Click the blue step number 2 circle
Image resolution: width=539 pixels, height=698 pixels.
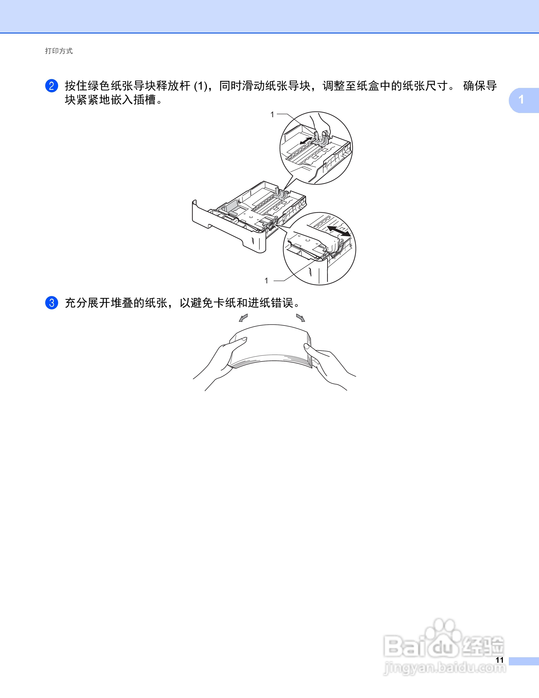coord(51,86)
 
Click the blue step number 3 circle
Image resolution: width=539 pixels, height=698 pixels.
coord(51,303)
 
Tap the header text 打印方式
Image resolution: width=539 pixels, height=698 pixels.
coord(59,51)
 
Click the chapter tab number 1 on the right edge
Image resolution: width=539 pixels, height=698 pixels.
coord(521,100)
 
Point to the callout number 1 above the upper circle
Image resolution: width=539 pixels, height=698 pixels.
coord(272,114)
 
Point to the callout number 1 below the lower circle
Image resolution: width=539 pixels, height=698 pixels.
coord(266,281)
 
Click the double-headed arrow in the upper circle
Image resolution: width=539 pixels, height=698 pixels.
coord(306,140)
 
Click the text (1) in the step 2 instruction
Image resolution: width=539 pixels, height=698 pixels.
coord(201,86)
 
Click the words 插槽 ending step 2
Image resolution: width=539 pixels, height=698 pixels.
coord(145,100)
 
